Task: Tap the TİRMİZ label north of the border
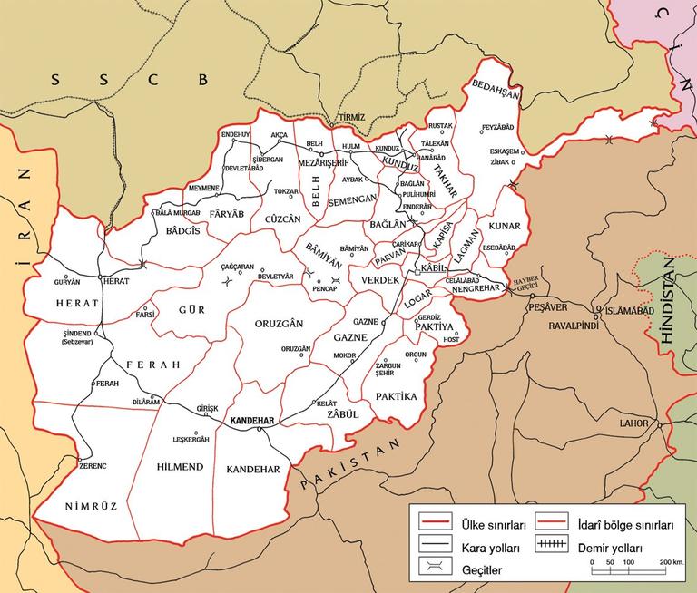tap(349, 118)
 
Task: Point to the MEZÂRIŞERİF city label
tap(324, 163)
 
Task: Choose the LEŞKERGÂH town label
tap(191, 439)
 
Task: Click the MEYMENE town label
tap(202, 188)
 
